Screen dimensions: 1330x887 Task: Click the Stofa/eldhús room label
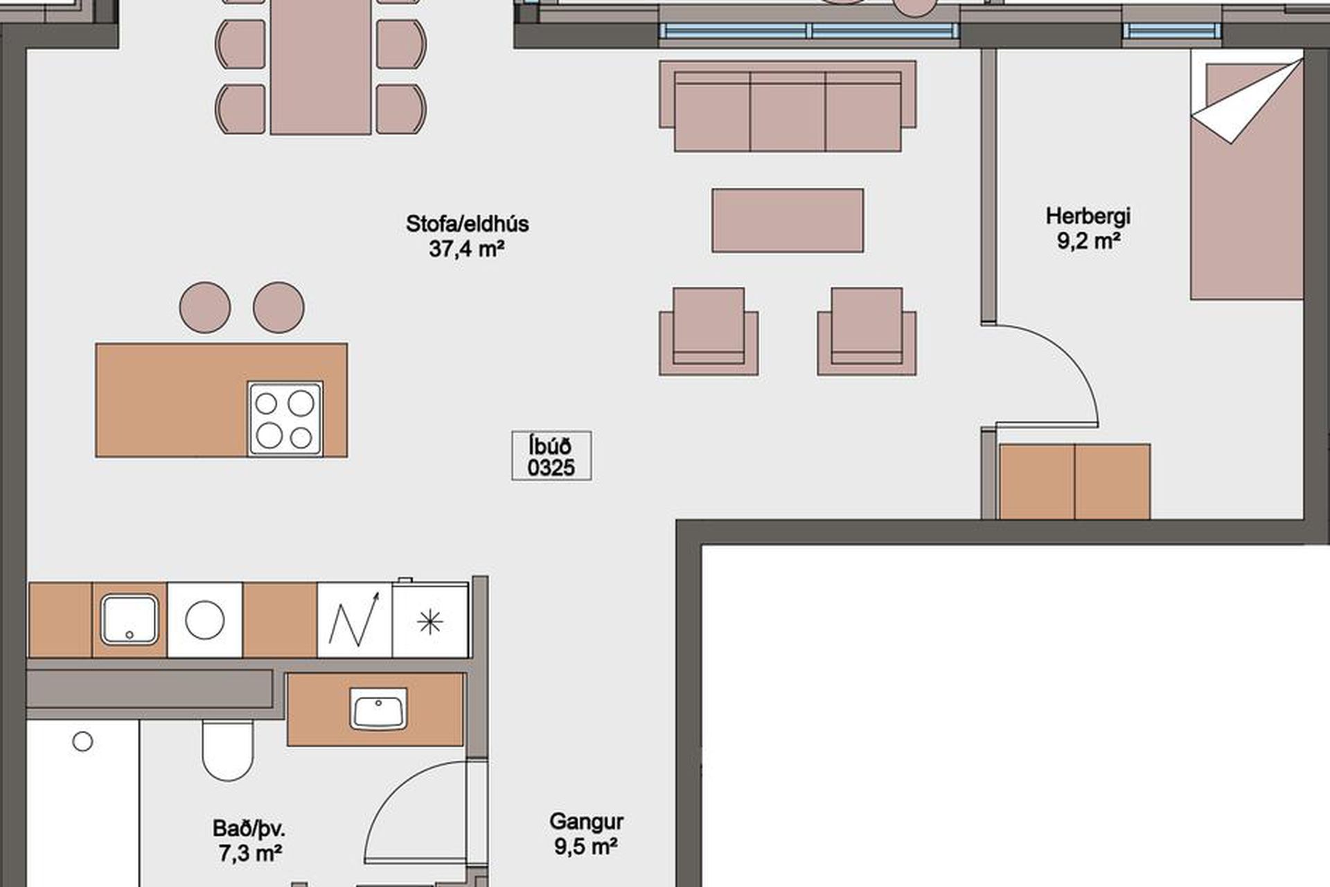point(467,236)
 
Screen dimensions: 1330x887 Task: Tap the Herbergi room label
point(1088,228)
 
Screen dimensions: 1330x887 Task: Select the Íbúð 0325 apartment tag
point(551,456)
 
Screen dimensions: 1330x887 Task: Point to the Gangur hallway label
point(586,834)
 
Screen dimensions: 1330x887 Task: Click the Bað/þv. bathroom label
point(249,841)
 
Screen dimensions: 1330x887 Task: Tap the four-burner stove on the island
point(285,419)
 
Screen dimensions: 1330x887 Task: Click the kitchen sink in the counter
point(130,620)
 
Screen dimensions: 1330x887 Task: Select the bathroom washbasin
point(378,709)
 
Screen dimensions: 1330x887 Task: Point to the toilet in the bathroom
point(228,750)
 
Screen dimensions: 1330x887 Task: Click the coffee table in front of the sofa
point(788,220)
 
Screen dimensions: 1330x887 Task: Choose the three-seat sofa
point(788,106)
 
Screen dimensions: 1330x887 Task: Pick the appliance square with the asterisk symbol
point(430,620)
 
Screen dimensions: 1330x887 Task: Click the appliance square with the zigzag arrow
point(355,620)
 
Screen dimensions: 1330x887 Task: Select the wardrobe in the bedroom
point(1074,482)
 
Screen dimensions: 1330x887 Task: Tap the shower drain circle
point(82,741)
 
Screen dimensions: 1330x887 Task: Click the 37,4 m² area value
point(466,248)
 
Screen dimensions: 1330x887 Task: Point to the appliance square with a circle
point(205,620)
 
